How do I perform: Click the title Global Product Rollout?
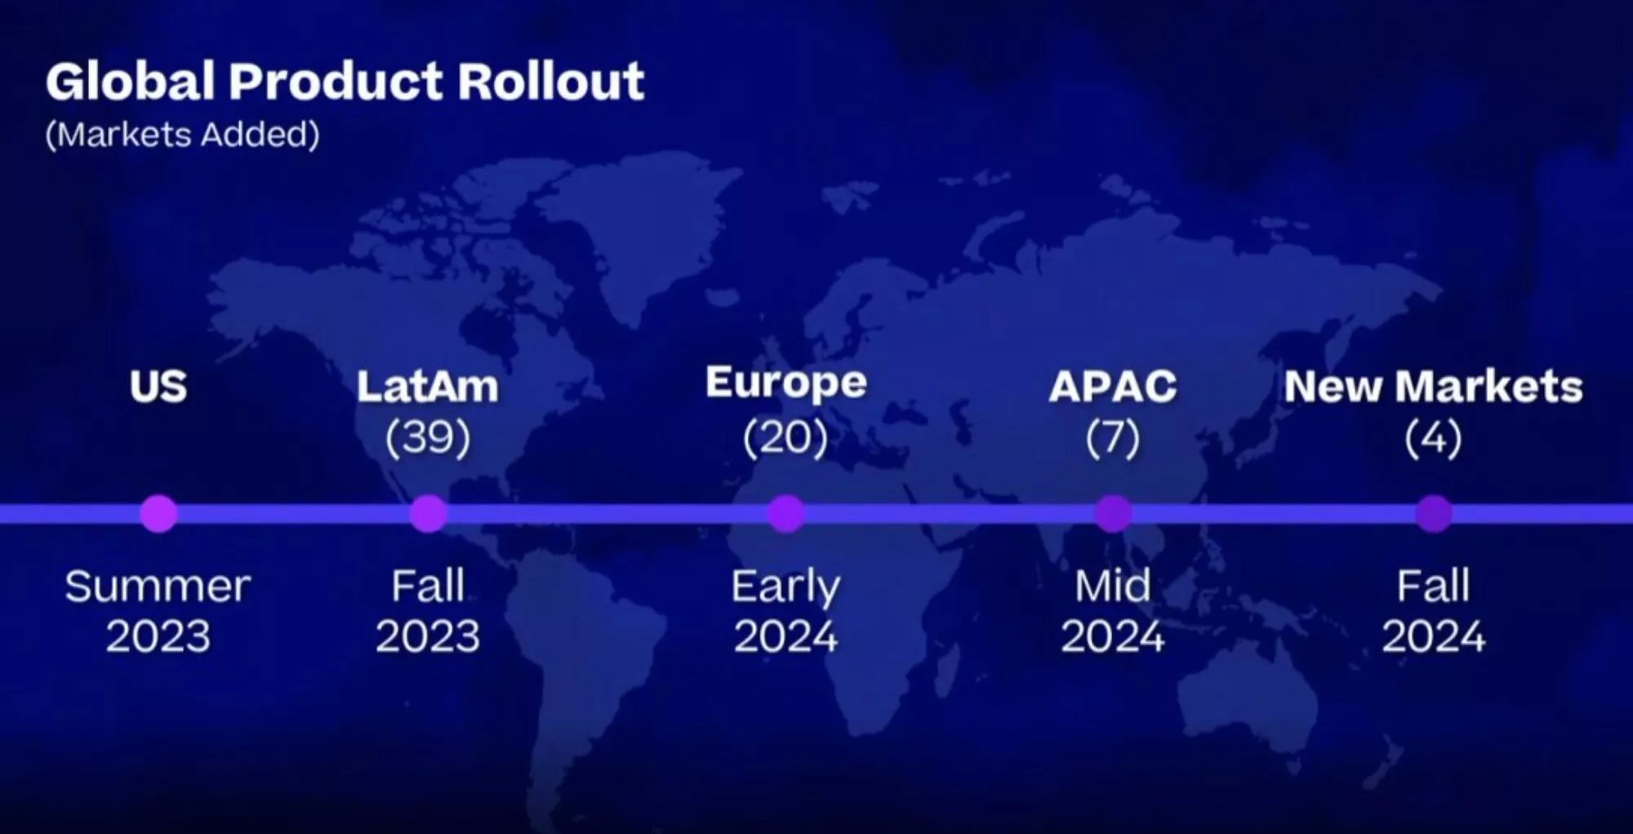click(x=345, y=81)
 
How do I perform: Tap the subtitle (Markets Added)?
click(x=183, y=135)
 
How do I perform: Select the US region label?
click(x=158, y=386)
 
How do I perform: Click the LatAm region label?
click(x=428, y=386)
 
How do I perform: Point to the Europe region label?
click(x=786, y=384)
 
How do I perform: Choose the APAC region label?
click(x=1113, y=386)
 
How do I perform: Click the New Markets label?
click(x=1434, y=386)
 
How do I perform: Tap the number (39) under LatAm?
click(x=428, y=438)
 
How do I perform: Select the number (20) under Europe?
click(x=785, y=438)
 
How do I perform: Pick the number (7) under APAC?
click(x=1113, y=438)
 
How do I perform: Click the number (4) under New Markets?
click(x=1434, y=438)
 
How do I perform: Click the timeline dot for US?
click(x=158, y=514)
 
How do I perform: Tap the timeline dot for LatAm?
click(x=428, y=514)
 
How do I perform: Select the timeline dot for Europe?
click(x=785, y=514)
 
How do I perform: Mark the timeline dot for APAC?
click(x=1113, y=514)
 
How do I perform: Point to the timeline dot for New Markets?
click(x=1434, y=514)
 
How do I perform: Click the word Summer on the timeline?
click(x=158, y=586)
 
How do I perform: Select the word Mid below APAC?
click(x=1113, y=586)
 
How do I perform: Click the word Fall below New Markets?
click(x=1434, y=586)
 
